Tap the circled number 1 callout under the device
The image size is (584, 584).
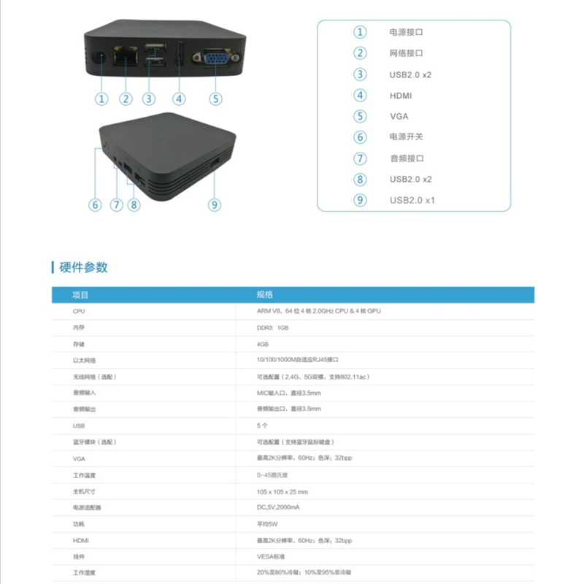(x=101, y=99)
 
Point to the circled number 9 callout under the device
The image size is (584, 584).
(x=214, y=205)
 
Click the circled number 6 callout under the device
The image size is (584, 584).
(x=95, y=205)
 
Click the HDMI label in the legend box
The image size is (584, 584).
(x=401, y=95)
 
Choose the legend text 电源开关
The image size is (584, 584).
(x=407, y=137)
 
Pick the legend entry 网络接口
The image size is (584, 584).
(x=407, y=53)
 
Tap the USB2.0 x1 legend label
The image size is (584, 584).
(x=412, y=200)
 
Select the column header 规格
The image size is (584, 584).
(x=264, y=295)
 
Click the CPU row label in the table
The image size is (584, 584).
(x=80, y=311)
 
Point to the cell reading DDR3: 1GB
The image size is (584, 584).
(x=272, y=328)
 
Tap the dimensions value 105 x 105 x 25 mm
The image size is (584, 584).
(x=283, y=491)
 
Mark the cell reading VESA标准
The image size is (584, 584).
(x=271, y=556)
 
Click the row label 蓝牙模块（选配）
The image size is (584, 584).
(x=94, y=442)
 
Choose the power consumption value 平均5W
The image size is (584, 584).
(x=267, y=523)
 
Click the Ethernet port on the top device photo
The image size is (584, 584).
(x=127, y=57)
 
